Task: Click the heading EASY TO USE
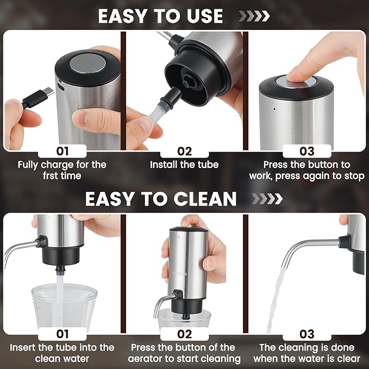click(160, 16)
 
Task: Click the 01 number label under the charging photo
click(62, 151)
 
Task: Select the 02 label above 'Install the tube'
click(185, 151)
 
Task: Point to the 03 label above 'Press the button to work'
click(307, 151)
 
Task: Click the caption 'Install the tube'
click(185, 164)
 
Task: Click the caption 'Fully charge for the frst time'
click(62, 170)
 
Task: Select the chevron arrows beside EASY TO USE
click(254, 16)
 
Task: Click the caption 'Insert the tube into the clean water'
click(62, 353)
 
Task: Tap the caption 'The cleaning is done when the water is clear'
click(307, 353)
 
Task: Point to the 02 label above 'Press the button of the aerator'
click(185, 334)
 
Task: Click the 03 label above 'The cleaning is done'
click(307, 334)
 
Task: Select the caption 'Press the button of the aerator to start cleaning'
click(185, 353)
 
